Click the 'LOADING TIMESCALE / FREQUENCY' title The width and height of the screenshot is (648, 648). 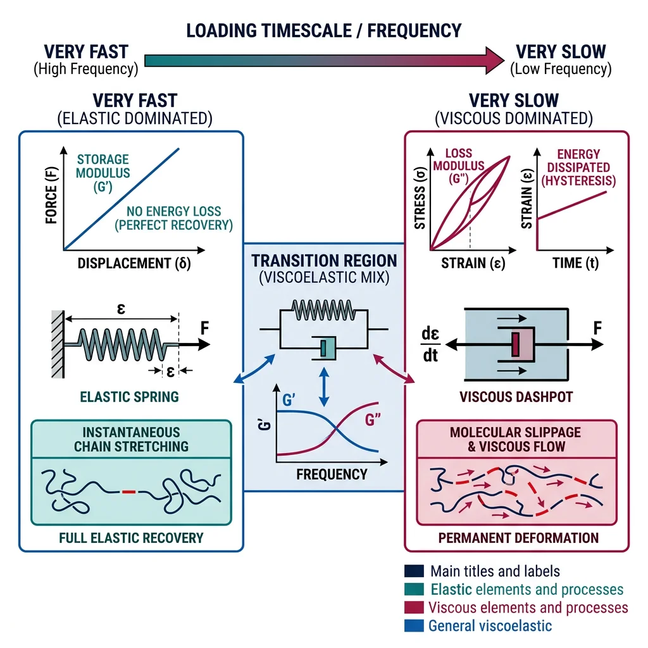323,30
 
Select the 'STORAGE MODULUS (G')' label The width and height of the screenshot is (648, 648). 103,172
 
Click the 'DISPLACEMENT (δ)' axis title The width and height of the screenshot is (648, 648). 134,263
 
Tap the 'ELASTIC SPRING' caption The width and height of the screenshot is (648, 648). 129,397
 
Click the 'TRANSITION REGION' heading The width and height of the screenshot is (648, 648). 324,261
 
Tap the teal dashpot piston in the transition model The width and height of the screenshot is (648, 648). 324,348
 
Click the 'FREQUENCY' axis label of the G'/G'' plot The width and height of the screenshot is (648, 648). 332,474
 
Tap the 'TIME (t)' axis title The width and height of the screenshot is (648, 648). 574,263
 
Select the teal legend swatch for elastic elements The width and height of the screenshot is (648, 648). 413,589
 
